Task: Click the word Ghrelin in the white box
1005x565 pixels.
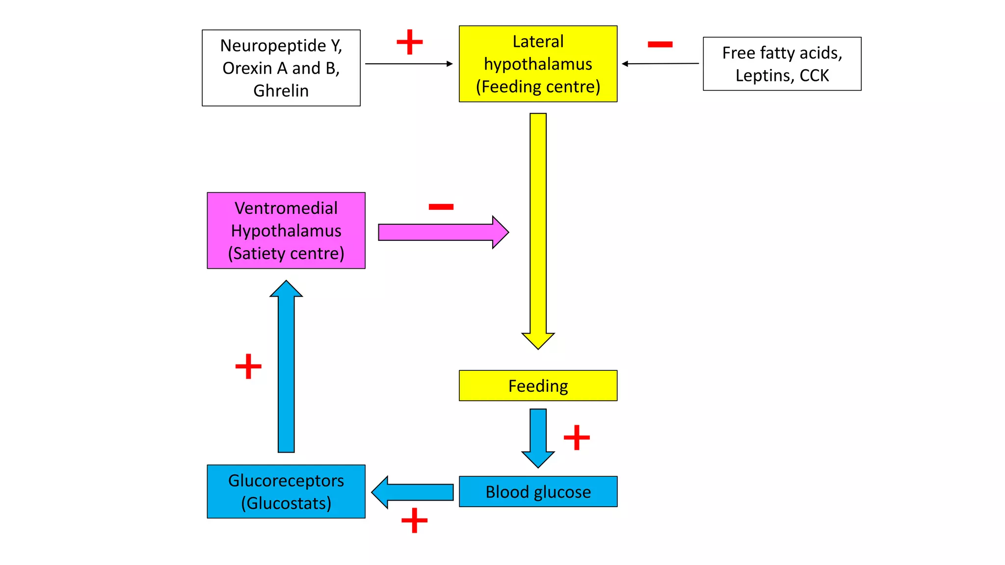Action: click(x=281, y=91)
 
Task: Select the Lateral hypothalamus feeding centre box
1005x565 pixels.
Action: click(x=538, y=64)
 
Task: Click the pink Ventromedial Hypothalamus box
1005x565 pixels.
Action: click(x=286, y=231)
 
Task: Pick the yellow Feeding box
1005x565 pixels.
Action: click(x=538, y=386)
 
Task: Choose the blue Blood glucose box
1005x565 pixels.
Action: click(x=538, y=491)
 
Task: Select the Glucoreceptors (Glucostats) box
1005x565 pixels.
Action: click(x=286, y=491)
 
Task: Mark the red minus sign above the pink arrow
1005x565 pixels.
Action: click(x=441, y=207)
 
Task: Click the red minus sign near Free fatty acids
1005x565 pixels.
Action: click(x=660, y=45)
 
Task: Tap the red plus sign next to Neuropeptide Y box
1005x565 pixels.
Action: click(x=409, y=42)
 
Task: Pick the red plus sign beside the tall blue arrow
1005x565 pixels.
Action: click(x=248, y=366)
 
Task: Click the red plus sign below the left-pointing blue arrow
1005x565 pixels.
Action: click(x=414, y=520)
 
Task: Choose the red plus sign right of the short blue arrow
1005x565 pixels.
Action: click(x=577, y=437)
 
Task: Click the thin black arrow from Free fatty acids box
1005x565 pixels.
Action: click(x=660, y=63)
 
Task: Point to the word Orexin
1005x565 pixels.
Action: click(x=247, y=68)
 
